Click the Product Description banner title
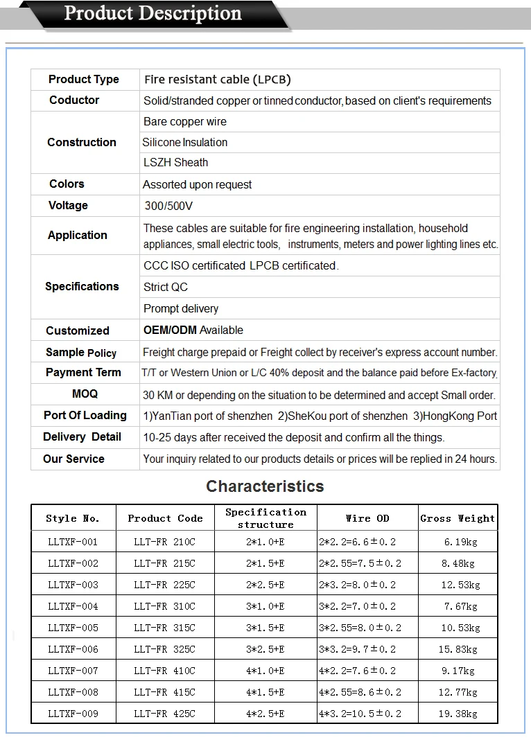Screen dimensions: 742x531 (x=153, y=14)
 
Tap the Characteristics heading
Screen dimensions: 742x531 (x=265, y=486)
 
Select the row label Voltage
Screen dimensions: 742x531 (x=68, y=205)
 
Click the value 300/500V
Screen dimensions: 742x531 (x=168, y=206)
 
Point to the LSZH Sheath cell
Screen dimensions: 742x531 (x=175, y=163)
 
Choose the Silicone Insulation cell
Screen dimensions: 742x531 (x=185, y=142)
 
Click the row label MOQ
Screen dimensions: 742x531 (x=85, y=394)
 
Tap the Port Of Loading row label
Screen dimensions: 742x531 (x=85, y=415)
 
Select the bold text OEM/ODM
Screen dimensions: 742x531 (x=170, y=330)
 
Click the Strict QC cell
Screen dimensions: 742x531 (x=166, y=287)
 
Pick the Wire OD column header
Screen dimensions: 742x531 (x=367, y=518)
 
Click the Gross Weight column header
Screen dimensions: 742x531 (x=458, y=518)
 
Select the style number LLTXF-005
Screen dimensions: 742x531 (x=73, y=628)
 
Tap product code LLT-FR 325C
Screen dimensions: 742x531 (x=164, y=649)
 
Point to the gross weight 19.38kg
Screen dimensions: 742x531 (x=458, y=714)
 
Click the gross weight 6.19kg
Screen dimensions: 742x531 (x=458, y=542)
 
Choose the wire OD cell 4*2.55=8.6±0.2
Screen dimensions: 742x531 (x=360, y=692)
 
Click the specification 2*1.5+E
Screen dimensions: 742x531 (x=265, y=563)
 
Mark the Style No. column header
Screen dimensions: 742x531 (x=73, y=518)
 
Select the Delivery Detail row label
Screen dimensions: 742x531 (x=82, y=437)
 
